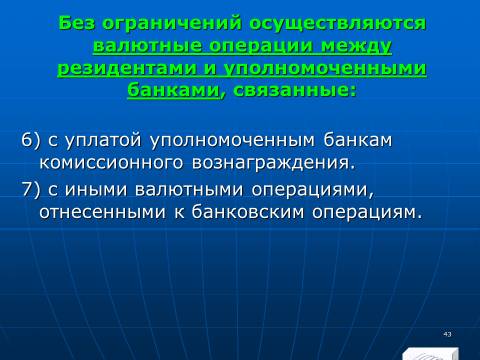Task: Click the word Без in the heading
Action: coord(76,23)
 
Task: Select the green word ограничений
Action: coord(172,24)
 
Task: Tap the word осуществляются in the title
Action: coord(338,24)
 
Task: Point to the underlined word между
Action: coord(356,46)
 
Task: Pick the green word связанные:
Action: coord(294,90)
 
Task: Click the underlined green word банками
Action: coord(173,90)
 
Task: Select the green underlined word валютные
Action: coord(147,46)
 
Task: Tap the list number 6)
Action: coord(31,140)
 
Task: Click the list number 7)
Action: coord(31,189)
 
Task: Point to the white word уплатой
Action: coord(103,140)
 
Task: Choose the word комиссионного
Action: coord(111,163)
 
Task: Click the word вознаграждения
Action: coord(274,163)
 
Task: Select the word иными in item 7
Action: coord(96,189)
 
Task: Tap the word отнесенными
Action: coord(102,212)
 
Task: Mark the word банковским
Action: coord(248,212)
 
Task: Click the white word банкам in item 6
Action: coord(358,140)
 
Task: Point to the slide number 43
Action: coord(447,334)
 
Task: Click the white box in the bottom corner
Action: coord(430,354)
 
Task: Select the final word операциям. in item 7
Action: coord(367,212)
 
